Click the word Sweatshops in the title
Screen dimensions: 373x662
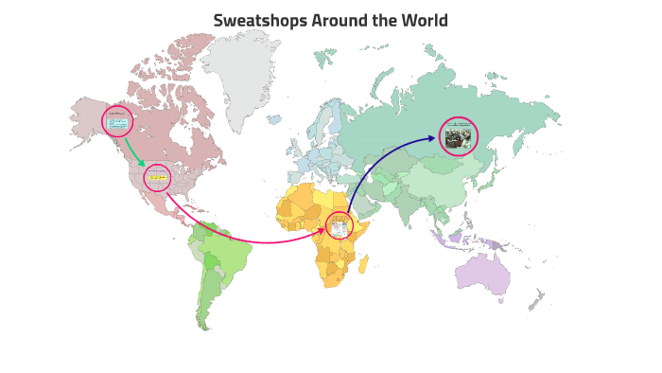tap(253, 20)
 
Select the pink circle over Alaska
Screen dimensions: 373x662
tap(118, 121)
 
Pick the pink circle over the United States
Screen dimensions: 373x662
tap(157, 177)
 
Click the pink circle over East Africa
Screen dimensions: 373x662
tap(339, 225)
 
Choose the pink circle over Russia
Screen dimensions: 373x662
tap(459, 135)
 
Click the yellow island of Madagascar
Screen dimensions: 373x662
tap(363, 262)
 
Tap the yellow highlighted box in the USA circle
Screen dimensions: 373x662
tap(156, 177)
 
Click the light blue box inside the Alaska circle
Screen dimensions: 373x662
tap(118, 123)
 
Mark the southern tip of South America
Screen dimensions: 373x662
tap(201, 325)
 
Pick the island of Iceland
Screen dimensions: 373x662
tap(273, 119)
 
